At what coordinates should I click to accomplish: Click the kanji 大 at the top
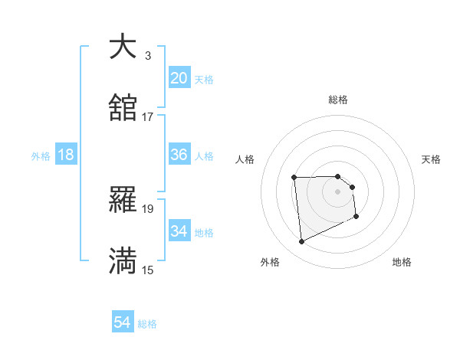click(123, 47)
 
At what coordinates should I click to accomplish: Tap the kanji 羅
click(123, 200)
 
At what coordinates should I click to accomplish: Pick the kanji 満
click(123, 260)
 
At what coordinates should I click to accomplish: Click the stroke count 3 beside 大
click(148, 56)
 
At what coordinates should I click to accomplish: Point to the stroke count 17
click(148, 117)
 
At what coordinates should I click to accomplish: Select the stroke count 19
click(148, 208)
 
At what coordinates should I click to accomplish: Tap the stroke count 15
click(148, 270)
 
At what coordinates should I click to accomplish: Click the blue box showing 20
click(179, 78)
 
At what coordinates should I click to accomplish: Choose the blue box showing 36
click(179, 155)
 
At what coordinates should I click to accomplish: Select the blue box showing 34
click(179, 231)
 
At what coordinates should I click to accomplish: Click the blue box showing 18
click(66, 155)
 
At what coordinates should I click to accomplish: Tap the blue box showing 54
click(123, 323)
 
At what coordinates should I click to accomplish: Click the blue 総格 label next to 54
click(147, 324)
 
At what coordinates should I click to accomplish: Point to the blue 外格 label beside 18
click(41, 155)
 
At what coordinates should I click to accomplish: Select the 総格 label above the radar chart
click(338, 100)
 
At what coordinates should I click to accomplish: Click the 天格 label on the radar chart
click(432, 159)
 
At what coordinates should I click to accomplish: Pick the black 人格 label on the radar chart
click(245, 159)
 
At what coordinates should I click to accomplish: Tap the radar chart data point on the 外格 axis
click(301, 242)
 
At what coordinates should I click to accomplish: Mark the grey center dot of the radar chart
click(338, 191)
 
